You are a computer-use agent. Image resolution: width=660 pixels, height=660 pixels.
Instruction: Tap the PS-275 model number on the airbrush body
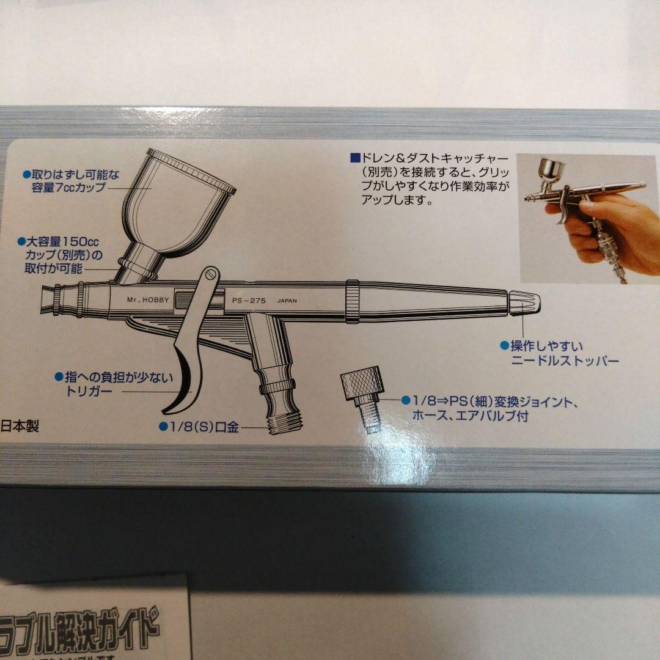(248, 301)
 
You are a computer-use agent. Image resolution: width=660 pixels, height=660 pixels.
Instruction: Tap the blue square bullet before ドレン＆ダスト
(354, 158)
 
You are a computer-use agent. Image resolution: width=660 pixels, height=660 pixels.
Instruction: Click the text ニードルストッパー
(565, 361)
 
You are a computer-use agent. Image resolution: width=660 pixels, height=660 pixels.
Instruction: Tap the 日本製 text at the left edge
(20, 426)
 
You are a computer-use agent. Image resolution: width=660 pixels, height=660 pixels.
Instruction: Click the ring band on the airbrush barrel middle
(352, 301)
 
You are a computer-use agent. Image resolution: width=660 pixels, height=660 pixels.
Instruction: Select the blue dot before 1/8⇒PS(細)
(405, 401)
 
